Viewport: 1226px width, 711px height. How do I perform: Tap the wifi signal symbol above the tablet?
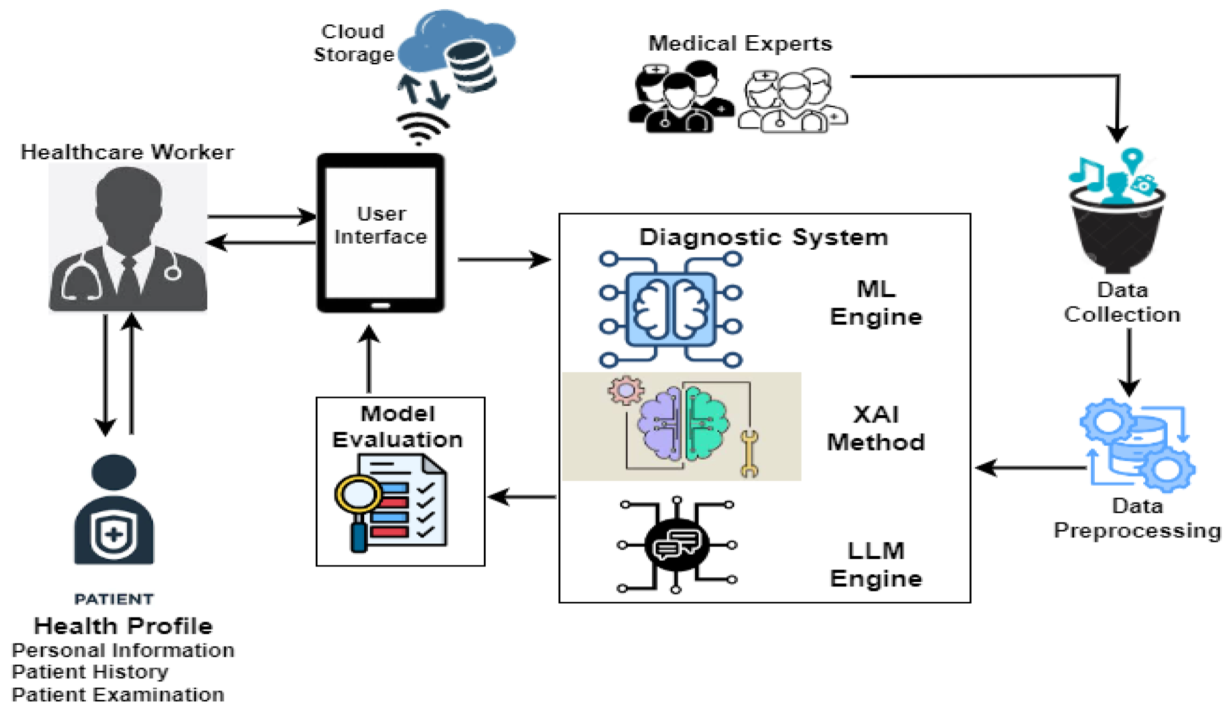point(421,128)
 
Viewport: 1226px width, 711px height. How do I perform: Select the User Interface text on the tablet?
point(381,225)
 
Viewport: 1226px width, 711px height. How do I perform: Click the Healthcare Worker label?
point(127,152)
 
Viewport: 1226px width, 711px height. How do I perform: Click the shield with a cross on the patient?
point(113,534)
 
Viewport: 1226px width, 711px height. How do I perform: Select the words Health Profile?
point(123,626)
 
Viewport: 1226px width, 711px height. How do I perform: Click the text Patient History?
point(90,672)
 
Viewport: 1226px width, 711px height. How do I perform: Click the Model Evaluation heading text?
point(398,426)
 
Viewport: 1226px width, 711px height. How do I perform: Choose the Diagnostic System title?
point(764,238)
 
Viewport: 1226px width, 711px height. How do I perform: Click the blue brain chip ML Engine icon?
point(671,309)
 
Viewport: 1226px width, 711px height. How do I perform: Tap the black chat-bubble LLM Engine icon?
point(677,546)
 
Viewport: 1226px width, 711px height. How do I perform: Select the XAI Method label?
point(876,428)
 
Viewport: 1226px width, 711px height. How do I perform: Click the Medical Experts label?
point(740,44)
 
